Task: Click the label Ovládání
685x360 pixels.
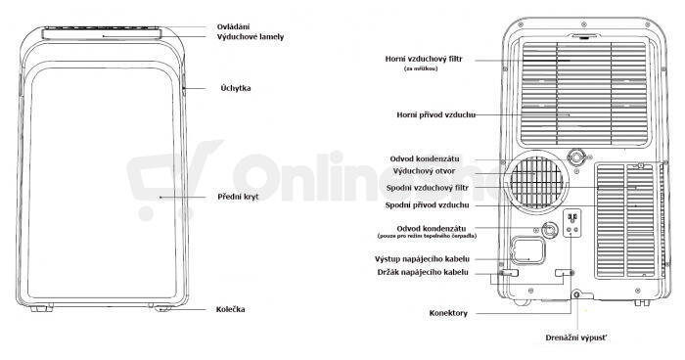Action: pyautogui.click(x=233, y=27)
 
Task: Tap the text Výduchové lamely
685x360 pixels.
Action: pyautogui.click(x=251, y=37)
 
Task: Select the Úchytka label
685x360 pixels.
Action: pyautogui.click(x=236, y=88)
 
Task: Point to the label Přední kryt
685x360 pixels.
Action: pyautogui.click(x=238, y=197)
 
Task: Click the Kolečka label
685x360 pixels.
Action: pyautogui.click(x=230, y=309)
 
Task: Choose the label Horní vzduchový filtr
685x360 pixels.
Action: pyautogui.click(x=424, y=59)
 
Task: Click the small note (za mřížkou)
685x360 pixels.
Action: pyautogui.click(x=421, y=68)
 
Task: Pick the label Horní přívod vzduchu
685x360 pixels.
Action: pyautogui.click(x=436, y=115)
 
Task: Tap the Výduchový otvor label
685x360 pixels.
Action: pyautogui.click(x=424, y=171)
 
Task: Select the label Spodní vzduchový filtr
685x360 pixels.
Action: pyautogui.click(x=428, y=188)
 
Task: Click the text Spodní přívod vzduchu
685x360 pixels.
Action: pyautogui.click(x=427, y=204)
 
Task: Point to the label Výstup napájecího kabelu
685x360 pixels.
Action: pyautogui.click(x=422, y=259)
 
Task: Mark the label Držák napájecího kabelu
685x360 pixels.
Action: pyautogui.click(x=423, y=272)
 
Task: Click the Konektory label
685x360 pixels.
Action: pyautogui.click(x=448, y=313)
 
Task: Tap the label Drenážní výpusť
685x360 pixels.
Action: pyautogui.click(x=575, y=337)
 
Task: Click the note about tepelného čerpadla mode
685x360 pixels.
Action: pyautogui.click(x=427, y=236)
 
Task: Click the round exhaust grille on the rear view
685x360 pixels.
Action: pyautogui.click(x=536, y=182)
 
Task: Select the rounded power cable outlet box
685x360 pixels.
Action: pyautogui.click(x=528, y=250)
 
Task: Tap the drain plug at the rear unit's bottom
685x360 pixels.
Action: pyautogui.click(x=576, y=295)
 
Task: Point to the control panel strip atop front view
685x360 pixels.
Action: pyautogui.click(x=102, y=33)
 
